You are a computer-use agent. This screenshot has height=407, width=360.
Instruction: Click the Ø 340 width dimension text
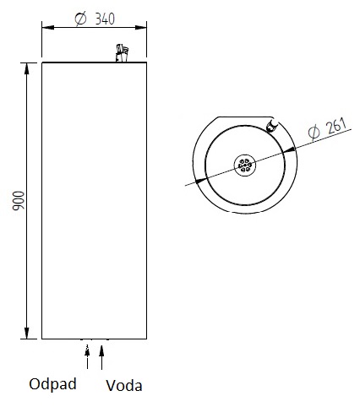coord(95,19)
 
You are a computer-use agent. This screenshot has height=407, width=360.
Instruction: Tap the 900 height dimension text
coord(19,200)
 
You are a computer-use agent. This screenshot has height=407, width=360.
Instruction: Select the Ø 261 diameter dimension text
coord(327,128)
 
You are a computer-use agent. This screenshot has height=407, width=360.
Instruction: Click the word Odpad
coord(52,384)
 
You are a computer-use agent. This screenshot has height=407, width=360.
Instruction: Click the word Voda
coord(124,385)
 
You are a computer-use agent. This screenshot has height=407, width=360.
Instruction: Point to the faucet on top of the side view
coord(122,53)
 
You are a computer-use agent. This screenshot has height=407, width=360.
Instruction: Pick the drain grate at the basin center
coord(245,166)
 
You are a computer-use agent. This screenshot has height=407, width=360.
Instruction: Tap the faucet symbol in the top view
coord(272,126)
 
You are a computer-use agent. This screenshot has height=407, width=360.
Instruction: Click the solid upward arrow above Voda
coord(101,356)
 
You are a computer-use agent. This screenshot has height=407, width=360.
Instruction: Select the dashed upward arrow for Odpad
coord(87,356)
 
